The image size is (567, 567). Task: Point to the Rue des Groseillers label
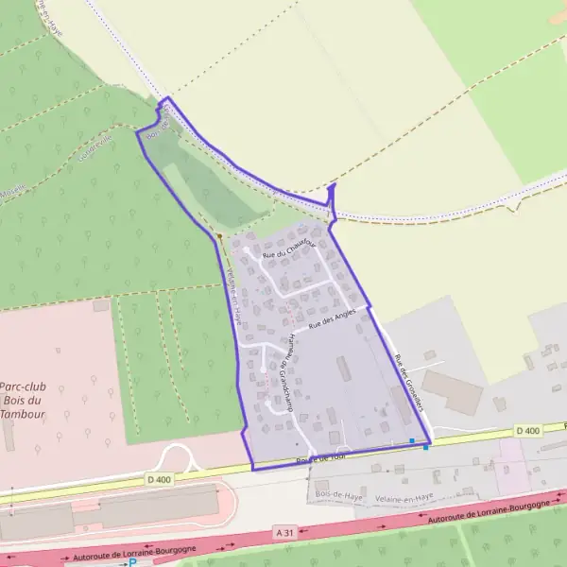tap(406, 382)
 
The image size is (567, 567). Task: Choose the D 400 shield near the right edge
tap(528, 431)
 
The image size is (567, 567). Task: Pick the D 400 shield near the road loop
tap(159, 479)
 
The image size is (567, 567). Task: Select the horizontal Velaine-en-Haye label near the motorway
tap(404, 494)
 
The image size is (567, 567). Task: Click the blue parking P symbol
tap(133, 562)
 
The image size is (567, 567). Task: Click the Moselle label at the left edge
tap(11, 192)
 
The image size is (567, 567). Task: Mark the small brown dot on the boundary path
tap(219, 235)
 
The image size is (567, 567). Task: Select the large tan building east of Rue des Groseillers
tap(453, 391)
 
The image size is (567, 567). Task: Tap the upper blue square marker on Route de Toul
tap(412, 440)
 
